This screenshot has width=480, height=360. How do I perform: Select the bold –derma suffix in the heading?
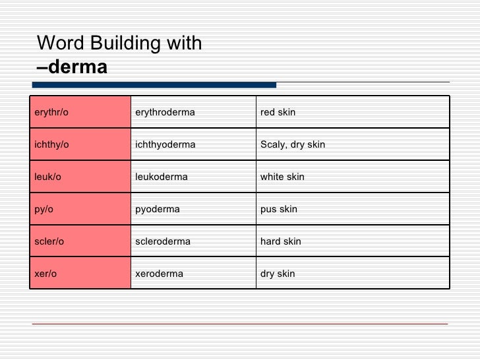72,67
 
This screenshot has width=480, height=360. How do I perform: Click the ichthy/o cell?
51,144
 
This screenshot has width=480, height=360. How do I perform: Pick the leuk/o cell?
47,177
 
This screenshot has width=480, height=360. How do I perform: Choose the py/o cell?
44,209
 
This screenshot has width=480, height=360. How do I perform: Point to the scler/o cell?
49,241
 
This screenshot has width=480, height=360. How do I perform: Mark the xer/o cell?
45,274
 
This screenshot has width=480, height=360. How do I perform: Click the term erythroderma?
165,112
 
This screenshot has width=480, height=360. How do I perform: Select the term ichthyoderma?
165,144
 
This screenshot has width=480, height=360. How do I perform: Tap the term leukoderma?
161,177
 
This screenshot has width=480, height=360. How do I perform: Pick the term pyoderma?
157,209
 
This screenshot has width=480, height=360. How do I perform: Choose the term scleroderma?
162,241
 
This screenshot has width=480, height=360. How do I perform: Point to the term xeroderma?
159,274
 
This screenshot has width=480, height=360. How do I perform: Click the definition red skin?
278,112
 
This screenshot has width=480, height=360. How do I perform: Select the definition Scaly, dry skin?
293,144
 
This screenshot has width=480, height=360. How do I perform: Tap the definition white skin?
282,177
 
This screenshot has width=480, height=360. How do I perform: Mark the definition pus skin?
279,209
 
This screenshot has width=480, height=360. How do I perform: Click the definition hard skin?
281,241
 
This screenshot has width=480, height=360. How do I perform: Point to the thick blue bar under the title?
154,84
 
